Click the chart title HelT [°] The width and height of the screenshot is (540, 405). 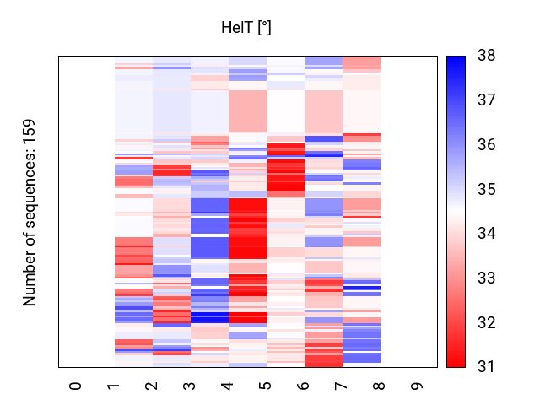[x=246, y=28]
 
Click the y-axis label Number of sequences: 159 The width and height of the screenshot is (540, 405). [x=30, y=212]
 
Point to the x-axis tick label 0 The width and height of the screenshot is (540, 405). [x=76, y=386]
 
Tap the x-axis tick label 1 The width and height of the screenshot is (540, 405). [x=114, y=386]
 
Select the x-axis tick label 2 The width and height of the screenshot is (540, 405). [x=152, y=386]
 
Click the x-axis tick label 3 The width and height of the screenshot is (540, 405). [x=190, y=386]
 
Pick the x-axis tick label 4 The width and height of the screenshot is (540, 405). [x=228, y=386]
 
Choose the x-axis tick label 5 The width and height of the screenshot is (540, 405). [x=266, y=386]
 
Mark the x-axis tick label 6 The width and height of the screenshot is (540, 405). [x=304, y=386]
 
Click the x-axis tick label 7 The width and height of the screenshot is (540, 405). [x=342, y=386]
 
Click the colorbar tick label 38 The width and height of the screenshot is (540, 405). [x=485, y=57]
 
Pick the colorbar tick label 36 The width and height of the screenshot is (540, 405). [x=485, y=145]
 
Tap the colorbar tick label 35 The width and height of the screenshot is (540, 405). [x=485, y=190]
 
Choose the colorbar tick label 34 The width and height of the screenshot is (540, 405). [x=485, y=234]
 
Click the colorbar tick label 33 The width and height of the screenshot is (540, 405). [x=485, y=278]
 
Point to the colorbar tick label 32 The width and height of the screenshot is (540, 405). [x=485, y=322]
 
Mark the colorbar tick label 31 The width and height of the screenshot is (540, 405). [x=485, y=367]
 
